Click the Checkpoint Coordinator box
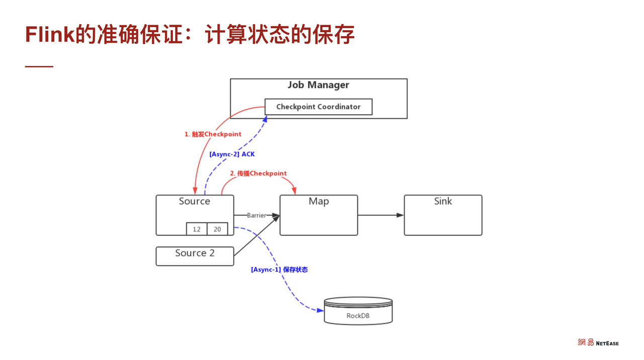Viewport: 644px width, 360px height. (x=318, y=107)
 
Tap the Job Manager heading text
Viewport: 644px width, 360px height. (x=318, y=85)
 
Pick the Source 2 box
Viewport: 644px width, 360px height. (x=195, y=256)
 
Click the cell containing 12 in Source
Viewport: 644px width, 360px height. (x=197, y=229)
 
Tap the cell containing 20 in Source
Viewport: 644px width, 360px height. (x=217, y=229)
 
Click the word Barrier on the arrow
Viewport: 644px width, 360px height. (x=256, y=215)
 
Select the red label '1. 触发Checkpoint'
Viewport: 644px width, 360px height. (x=213, y=134)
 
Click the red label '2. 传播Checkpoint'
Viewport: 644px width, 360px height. (x=258, y=173)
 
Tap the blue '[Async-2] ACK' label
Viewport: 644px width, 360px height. (x=232, y=154)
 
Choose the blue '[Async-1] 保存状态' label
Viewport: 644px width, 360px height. (x=279, y=269)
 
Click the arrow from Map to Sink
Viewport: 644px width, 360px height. (x=380, y=215)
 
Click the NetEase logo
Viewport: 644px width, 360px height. (x=598, y=343)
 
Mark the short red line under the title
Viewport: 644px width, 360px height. (x=39, y=66)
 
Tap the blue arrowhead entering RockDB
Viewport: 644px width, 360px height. (x=320, y=310)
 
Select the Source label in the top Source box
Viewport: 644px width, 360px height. (x=194, y=201)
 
